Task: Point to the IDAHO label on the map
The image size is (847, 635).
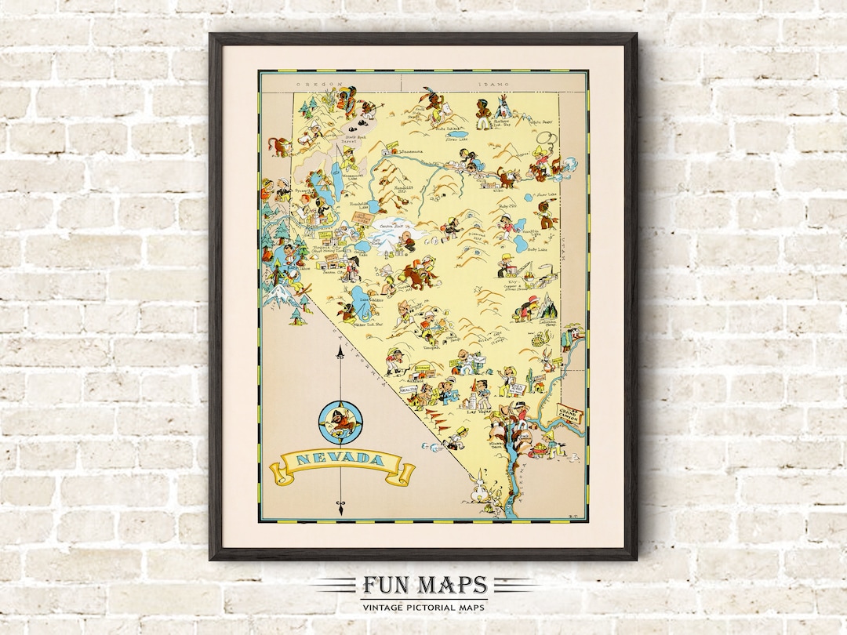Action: coord(493,82)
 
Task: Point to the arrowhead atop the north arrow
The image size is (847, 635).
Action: coord(340,356)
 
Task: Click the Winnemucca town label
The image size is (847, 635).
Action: coord(408,151)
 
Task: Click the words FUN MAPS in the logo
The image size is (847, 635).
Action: coord(424,586)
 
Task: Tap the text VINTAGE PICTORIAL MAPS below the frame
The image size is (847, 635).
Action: coord(424,606)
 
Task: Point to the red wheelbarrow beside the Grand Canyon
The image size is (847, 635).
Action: coord(539,450)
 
